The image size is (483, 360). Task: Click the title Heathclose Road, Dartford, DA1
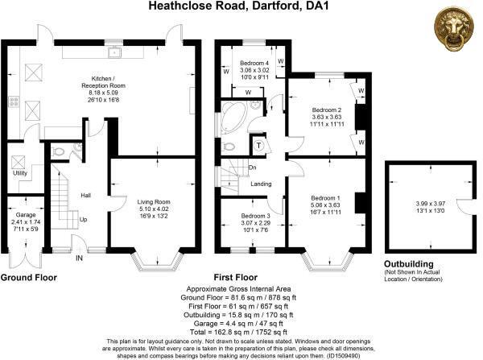(x=241, y=6)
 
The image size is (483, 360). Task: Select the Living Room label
(x=153, y=201)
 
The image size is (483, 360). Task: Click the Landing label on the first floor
(x=260, y=184)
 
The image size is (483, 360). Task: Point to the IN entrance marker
(x=79, y=259)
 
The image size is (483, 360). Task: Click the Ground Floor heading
(x=32, y=276)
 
